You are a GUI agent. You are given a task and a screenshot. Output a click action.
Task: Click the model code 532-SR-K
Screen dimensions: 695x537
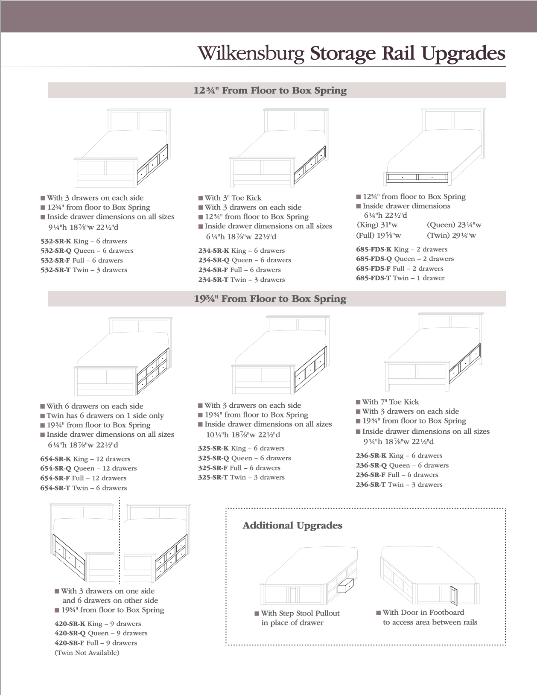click(56, 241)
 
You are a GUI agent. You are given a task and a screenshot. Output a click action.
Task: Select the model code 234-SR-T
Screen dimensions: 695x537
click(213, 280)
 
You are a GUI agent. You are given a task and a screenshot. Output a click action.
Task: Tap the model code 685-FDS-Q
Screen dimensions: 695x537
click(374, 259)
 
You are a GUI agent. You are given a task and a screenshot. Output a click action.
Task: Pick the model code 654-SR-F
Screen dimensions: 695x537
click(55, 478)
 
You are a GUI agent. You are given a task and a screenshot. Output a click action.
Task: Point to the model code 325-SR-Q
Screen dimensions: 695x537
click(213, 458)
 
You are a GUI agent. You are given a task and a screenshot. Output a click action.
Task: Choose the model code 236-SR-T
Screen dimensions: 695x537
click(371, 485)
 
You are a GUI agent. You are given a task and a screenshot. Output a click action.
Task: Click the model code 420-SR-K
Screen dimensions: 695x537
click(70, 624)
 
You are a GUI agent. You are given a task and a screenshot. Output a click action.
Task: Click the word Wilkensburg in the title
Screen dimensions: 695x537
click(251, 54)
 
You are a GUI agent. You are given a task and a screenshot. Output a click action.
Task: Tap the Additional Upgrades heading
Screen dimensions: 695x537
click(292, 526)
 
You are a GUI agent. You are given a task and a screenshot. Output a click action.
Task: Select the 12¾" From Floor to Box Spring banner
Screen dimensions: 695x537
click(270, 91)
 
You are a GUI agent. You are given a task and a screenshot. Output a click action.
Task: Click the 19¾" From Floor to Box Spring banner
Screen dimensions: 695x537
click(270, 299)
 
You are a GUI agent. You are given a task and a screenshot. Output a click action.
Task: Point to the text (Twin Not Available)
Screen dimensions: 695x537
click(87, 653)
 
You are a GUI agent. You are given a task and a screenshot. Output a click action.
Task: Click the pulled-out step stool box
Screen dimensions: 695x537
click(346, 585)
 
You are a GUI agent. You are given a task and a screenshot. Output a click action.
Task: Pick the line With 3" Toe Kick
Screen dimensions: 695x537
click(233, 198)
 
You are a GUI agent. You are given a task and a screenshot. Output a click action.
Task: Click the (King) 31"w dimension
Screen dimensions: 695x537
click(377, 225)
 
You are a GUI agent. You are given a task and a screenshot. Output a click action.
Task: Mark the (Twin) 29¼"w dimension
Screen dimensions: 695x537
click(451, 235)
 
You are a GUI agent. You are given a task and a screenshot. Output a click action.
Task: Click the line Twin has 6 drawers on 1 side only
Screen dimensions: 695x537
click(105, 415)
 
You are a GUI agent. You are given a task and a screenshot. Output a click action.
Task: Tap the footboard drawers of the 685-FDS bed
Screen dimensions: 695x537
click(417, 176)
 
